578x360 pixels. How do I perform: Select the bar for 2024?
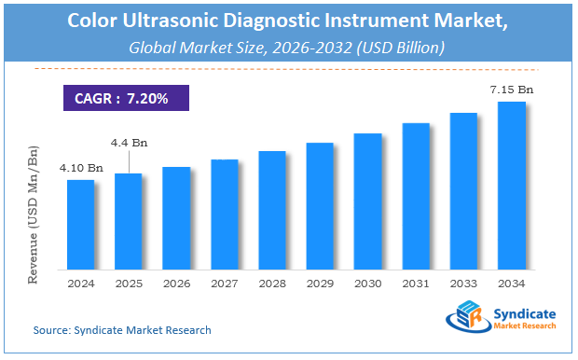[80, 224]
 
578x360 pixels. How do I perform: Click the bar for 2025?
[128, 221]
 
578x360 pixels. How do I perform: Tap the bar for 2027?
[225, 214]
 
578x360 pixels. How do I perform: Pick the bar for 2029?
[320, 205]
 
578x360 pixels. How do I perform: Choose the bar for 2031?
[416, 196]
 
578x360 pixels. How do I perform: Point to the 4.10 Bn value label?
[81, 169]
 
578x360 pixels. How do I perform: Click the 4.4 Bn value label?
[129, 143]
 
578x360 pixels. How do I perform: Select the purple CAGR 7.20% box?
[126, 98]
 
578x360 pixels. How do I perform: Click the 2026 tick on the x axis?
[176, 284]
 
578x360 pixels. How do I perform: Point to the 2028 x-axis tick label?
[272, 284]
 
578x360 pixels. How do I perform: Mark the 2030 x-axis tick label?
[368, 284]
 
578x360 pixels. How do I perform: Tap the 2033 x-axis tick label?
[464, 284]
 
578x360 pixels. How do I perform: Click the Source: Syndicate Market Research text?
[122, 330]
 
